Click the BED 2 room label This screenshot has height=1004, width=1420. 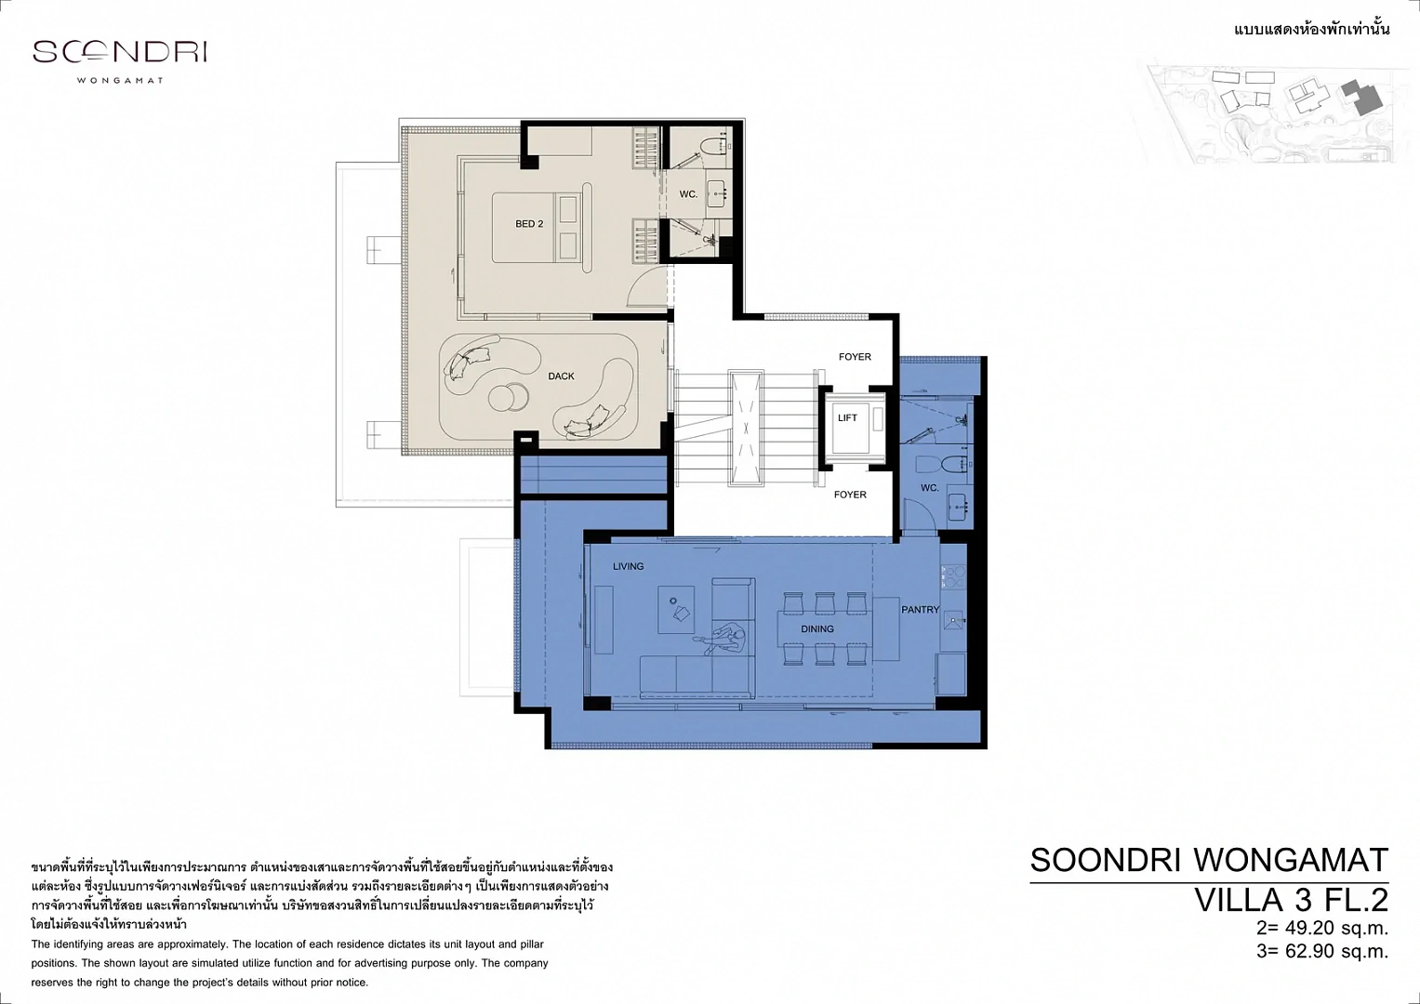[x=529, y=224]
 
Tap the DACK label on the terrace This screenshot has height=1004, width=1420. [x=561, y=376]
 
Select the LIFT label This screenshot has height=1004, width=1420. [x=847, y=417]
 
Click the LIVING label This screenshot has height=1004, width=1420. [x=629, y=566]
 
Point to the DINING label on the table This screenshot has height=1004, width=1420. [x=817, y=628]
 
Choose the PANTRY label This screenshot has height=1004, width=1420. [x=921, y=609]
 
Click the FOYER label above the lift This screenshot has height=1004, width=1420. [x=855, y=357]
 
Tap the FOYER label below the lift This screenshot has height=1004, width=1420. [x=850, y=495]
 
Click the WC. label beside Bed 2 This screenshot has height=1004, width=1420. [x=688, y=194]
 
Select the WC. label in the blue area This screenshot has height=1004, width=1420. [x=930, y=487]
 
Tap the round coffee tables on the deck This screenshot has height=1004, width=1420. [x=508, y=398]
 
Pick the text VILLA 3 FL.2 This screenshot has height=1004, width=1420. [x=1292, y=900]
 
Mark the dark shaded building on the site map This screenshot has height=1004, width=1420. [x=1363, y=98]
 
